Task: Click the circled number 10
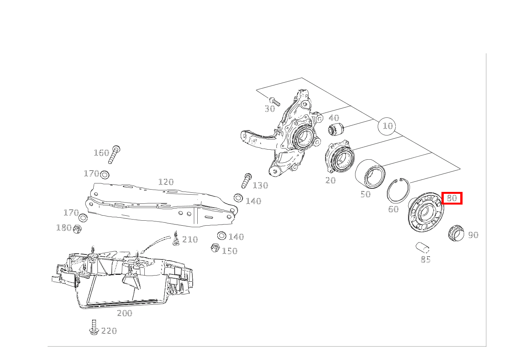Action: [387, 126]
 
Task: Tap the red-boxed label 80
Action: [452, 198]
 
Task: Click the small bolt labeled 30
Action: [274, 102]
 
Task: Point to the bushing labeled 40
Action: [336, 128]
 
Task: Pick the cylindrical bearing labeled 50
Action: [370, 174]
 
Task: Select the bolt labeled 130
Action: [246, 181]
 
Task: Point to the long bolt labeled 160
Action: [114, 154]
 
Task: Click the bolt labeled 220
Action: [94, 327]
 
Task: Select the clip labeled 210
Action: [176, 238]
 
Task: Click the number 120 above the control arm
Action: [166, 182]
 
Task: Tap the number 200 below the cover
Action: [124, 313]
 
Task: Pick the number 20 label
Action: [331, 180]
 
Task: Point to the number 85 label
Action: [425, 259]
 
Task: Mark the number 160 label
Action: [102, 153]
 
